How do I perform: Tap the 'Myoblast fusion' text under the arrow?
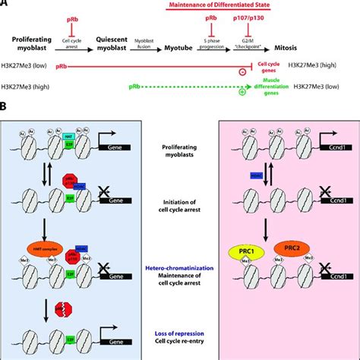click(150, 62)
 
